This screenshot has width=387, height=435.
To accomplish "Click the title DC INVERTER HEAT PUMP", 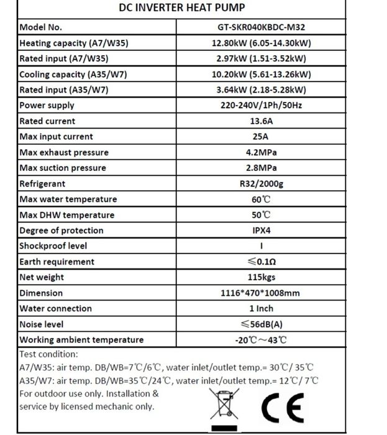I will pos(181,8).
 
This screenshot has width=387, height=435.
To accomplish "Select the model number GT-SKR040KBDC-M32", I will pos(261,28).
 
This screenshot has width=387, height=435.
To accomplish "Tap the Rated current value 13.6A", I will pos(261,121).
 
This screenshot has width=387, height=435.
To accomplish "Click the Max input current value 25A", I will pos(261,137).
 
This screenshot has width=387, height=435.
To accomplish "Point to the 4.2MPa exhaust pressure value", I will pos(261,152).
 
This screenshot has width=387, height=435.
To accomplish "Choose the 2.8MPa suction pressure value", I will pos(261,168).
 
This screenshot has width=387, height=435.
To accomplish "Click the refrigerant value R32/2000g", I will pos(261,184).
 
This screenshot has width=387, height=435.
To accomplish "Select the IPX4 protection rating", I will pos(261,231).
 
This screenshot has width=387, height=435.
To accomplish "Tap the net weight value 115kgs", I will pos(261,277).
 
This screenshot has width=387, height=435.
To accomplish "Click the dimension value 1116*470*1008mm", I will pos(261,293).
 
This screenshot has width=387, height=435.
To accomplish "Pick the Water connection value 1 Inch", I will pos(261,308).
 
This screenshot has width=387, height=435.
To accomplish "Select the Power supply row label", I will pos(47,106).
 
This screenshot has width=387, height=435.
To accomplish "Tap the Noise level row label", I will pos(42,324).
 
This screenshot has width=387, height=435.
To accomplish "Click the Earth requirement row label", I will pos(57,262).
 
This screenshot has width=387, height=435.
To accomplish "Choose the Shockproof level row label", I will pos(53,246).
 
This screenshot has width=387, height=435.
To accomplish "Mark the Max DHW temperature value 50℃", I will pos(261,215).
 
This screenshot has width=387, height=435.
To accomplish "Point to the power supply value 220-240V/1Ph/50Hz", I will pos(261,106).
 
